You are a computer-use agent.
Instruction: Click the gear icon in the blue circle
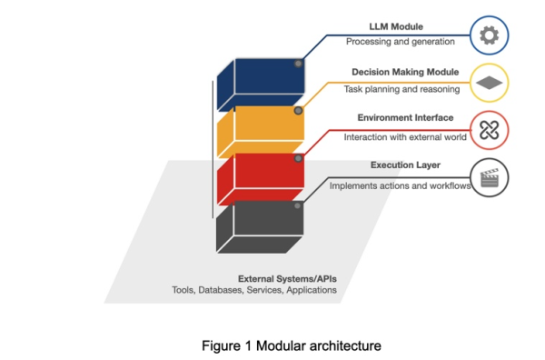490,36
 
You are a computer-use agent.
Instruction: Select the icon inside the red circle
490,131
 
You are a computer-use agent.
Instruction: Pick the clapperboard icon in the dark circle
490,178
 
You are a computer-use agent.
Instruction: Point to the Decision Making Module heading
405,72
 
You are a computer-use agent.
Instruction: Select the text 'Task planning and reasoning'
401,89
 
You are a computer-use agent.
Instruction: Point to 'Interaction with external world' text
404,137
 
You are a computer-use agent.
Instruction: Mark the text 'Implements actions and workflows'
399,185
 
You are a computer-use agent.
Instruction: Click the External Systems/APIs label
287,278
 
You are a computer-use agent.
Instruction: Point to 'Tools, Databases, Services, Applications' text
254,291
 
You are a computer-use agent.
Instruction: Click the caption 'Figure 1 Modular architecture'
272,345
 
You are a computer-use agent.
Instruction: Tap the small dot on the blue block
298,64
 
